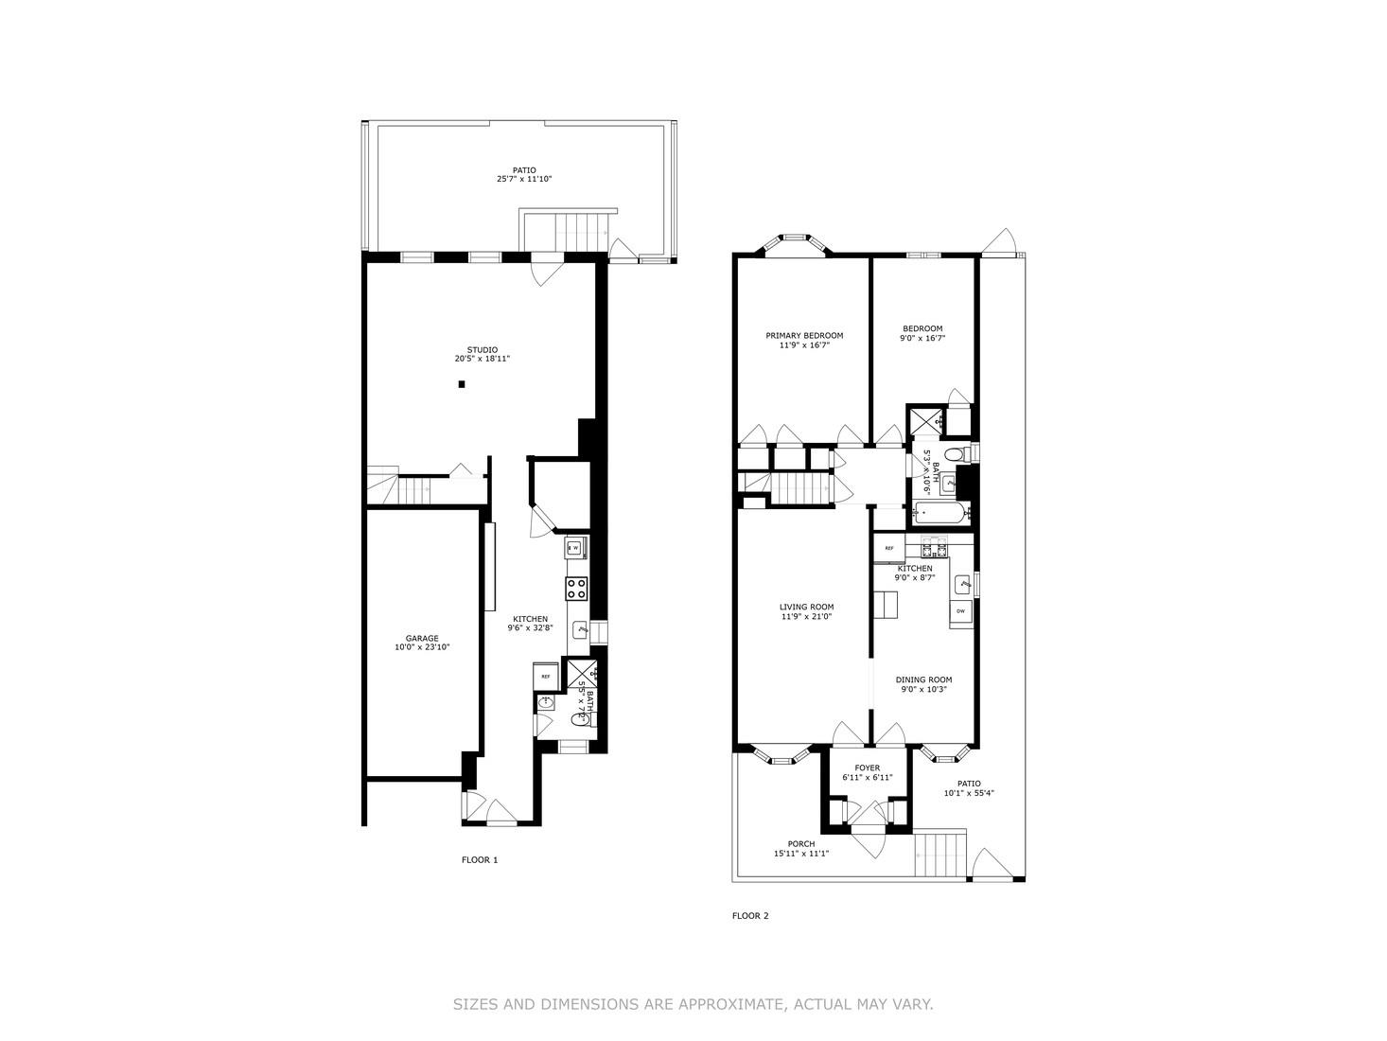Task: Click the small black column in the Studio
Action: point(462,384)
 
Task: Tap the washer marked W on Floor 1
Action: point(575,547)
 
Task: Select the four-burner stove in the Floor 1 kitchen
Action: point(576,589)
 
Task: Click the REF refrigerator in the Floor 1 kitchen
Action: point(546,677)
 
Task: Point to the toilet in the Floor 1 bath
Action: point(579,720)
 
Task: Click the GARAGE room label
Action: point(422,638)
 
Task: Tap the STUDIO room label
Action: point(483,349)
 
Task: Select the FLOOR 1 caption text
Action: point(479,860)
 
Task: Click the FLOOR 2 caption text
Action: point(751,915)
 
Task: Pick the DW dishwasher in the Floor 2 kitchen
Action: point(960,611)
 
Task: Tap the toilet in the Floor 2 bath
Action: point(956,455)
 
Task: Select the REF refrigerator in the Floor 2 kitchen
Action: point(889,548)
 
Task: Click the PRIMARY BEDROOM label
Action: point(804,335)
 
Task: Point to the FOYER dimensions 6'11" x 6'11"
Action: point(868,778)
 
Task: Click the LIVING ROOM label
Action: point(806,608)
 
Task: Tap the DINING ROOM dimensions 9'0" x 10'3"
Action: point(923,690)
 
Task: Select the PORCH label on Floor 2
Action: point(800,844)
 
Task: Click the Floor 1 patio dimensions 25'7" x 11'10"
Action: point(524,179)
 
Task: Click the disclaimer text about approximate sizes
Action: point(693,1004)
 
